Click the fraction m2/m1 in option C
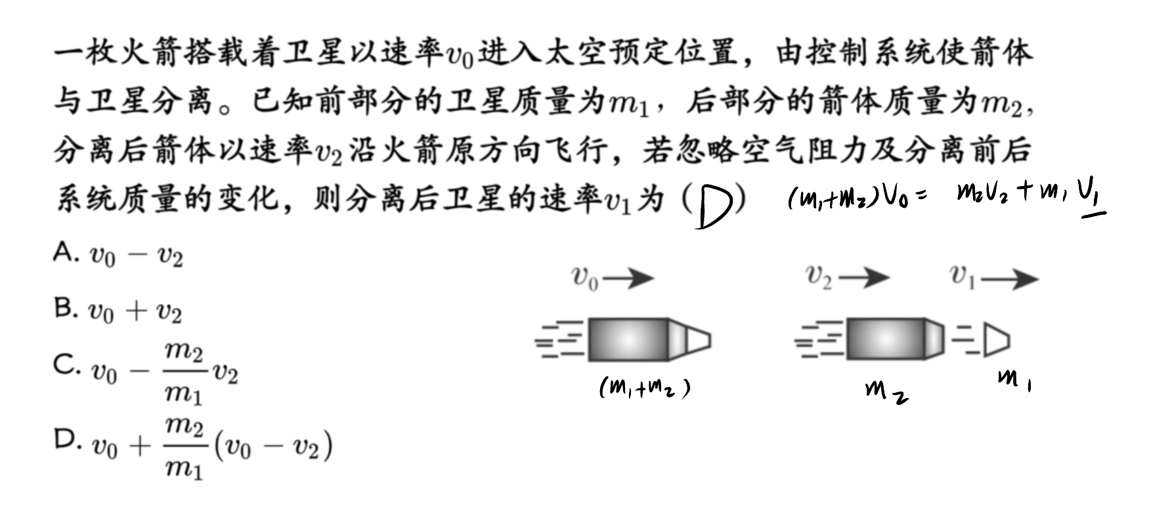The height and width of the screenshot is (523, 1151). click(184, 372)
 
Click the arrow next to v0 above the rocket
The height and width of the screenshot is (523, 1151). click(628, 279)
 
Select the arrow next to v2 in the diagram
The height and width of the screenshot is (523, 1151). click(864, 278)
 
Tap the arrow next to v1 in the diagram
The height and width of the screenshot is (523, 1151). click(1010, 279)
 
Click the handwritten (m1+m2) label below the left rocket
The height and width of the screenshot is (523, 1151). click(645, 389)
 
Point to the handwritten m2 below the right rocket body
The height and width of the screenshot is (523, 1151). click(887, 392)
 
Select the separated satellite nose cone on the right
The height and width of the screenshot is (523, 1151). click(996, 340)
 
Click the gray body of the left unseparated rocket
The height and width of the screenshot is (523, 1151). click(628, 340)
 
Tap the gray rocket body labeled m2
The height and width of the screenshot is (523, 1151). click(886, 339)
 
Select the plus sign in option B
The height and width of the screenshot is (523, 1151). click(136, 309)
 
